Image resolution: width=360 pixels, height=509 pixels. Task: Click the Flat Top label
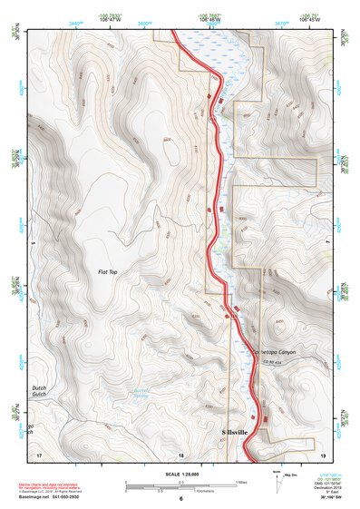tap(108, 271)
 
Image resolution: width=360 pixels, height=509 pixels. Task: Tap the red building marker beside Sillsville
tap(265, 418)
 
